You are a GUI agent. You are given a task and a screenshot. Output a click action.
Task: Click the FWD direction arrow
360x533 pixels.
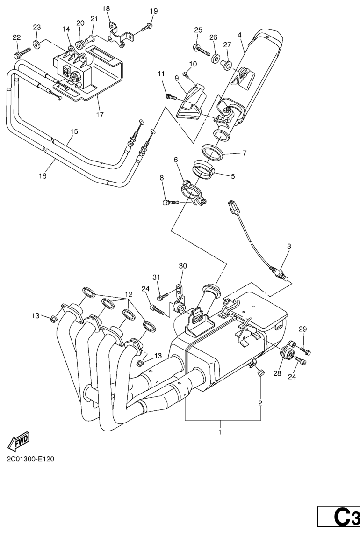(18, 440)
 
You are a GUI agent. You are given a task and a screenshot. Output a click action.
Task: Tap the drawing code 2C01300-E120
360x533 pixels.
(30, 459)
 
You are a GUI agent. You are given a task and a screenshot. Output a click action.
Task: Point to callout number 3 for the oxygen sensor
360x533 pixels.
(289, 246)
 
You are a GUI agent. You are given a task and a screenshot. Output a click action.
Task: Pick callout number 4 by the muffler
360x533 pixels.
(239, 35)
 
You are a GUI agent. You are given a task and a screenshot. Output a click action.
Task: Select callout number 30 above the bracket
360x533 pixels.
(182, 266)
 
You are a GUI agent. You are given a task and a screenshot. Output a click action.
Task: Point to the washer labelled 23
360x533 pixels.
(36, 45)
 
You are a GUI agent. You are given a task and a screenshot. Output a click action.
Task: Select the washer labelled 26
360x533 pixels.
(215, 58)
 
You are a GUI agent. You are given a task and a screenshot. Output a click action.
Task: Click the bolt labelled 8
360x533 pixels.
(169, 202)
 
